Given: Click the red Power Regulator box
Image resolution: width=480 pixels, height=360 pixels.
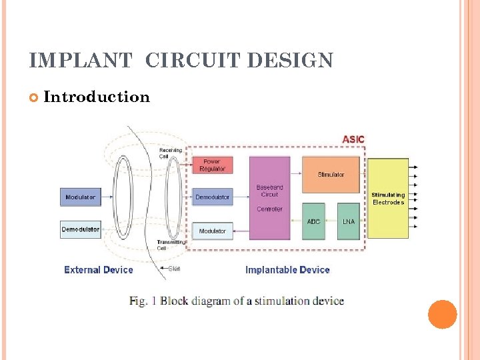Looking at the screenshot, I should click(211, 165).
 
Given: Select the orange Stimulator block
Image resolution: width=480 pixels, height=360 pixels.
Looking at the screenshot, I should click(331, 175).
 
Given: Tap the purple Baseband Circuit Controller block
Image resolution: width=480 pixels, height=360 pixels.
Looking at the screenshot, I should click(269, 198).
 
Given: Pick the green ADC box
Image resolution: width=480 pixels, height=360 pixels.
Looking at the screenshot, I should click(313, 221).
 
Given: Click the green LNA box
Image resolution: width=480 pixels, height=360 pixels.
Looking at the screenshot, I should click(348, 221).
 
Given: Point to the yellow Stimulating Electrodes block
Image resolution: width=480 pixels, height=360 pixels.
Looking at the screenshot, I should click(388, 198).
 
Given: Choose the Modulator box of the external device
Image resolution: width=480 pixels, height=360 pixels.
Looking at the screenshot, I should click(80, 197).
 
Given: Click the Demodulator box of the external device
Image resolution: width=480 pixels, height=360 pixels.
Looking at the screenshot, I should click(80, 229).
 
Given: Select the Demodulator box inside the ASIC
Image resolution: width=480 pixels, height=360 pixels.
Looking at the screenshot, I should click(213, 197).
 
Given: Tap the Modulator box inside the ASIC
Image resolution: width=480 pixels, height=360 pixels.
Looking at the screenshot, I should click(213, 231).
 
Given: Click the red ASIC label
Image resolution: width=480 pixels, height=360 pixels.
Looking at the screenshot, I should click(353, 139).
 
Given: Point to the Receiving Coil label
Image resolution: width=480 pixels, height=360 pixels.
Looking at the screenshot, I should click(169, 154).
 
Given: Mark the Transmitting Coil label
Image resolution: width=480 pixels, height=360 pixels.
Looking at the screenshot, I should click(167, 245).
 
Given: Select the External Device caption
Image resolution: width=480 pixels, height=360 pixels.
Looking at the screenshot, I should click(98, 270).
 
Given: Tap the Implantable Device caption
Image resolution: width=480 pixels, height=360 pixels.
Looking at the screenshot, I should click(287, 270).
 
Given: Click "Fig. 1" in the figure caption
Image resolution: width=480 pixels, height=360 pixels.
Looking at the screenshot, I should click(143, 301).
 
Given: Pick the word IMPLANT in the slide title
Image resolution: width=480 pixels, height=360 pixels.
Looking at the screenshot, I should click(81, 61).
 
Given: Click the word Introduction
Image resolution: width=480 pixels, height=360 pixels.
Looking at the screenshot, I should click(97, 97).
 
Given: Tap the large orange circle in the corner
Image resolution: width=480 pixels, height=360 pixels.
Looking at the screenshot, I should click(442, 314).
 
